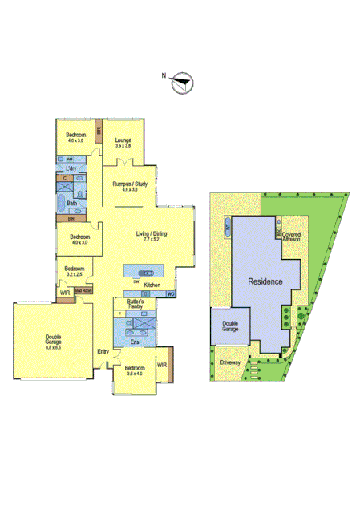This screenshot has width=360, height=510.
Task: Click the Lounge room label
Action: click(123, 140)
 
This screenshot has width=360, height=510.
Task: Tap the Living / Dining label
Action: click(152, 233)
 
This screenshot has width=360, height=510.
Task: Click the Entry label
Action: click(103, 351)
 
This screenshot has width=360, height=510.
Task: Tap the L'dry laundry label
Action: click(71, 169)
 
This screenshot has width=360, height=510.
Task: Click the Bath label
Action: click(72, 204)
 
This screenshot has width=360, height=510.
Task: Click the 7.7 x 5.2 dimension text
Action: click(152, 239)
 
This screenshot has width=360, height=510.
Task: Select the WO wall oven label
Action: click(171, 294)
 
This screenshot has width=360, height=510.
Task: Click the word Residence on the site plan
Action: click(264, 282)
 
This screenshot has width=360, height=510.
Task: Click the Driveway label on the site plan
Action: click(232, 362)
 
